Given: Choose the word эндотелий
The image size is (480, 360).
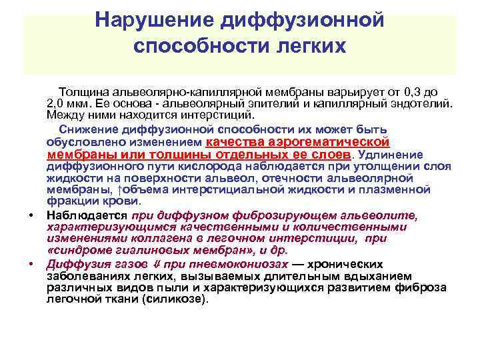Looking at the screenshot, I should point(421,104).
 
